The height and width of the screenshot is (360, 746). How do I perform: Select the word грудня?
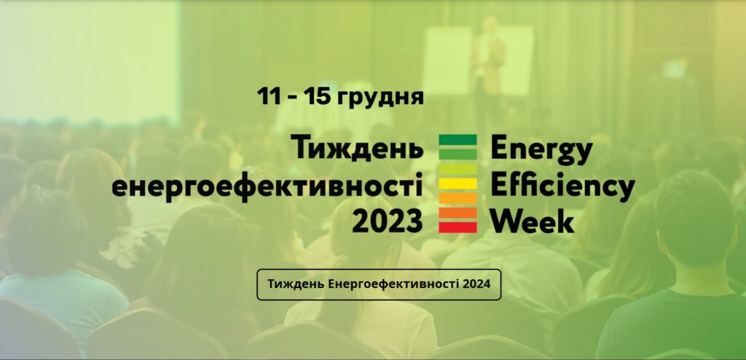[380, 98]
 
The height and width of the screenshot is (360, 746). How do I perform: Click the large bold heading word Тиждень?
[356, 149]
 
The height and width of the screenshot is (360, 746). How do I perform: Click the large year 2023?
[388, 221]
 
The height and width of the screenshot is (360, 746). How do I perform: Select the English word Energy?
[541, 150]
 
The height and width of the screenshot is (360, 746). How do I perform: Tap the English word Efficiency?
[563, 187]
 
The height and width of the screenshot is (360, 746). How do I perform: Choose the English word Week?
[533, 221]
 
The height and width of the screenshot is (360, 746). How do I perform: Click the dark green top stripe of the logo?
[458, 139]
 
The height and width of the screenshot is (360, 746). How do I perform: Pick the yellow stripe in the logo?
[458, 184]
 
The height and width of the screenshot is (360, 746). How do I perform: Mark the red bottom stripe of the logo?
[458, 227]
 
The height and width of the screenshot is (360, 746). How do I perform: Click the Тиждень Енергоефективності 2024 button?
[379, 284]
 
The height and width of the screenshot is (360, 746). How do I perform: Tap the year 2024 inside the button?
[478, 284]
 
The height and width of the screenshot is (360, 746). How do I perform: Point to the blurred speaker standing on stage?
[487, 62]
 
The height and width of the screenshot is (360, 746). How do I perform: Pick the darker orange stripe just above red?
[458, 213]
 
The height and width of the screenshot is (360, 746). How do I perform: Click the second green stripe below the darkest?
[458, 154]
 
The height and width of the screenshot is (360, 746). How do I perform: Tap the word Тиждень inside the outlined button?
[296, 285]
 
